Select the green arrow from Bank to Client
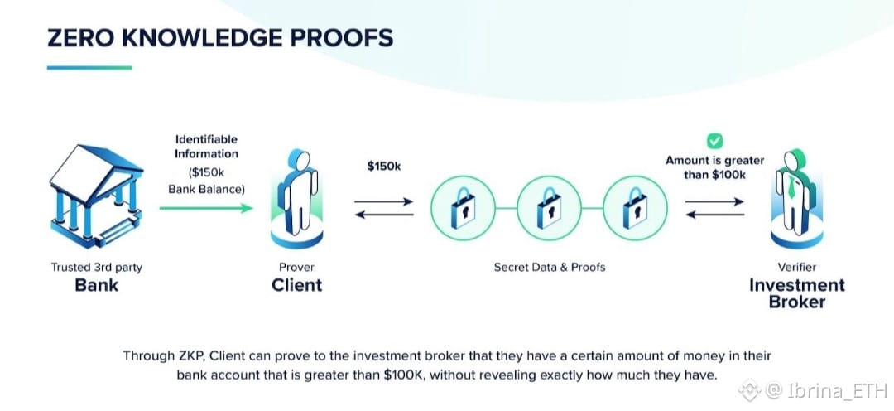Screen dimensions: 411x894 tap(206, 208)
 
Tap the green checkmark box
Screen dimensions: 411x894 tap(714, 142)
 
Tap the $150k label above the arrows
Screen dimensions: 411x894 tap(384, 166)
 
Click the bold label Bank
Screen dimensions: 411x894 tap(97, 285)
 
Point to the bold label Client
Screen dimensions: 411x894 tap(296, 285)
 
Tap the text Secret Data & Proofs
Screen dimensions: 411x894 tap(550, 267)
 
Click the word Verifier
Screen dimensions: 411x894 tap(796, 267)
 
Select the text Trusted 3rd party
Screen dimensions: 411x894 tap(97, 267)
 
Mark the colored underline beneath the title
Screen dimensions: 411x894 tap(89, 68)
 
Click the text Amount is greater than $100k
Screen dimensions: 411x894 tap(715, 167)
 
